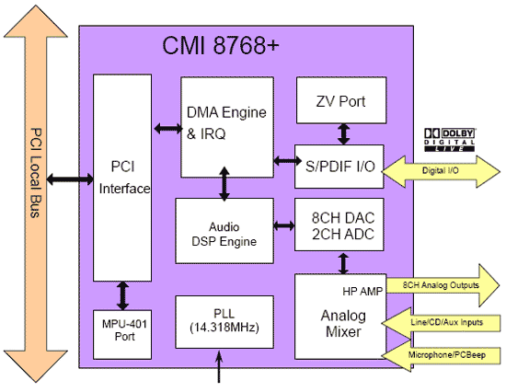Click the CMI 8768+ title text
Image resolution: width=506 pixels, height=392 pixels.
(x=221, y=45)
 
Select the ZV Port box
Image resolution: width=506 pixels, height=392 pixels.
(x=341, y=100)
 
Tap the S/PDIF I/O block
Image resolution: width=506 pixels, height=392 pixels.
(x=339, y=167)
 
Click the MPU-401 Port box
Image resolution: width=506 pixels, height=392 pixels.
(x=122, y=335)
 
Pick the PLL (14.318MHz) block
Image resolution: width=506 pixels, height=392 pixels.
(x=224, y=322)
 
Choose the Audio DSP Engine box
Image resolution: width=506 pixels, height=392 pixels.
(x=224, y=231)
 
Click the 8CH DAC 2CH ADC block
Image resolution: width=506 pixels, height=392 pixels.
(x=339, y=225)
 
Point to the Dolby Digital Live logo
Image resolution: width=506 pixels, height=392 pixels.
(x=450, y=140)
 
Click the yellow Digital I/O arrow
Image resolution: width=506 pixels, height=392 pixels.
(x=441, y=171)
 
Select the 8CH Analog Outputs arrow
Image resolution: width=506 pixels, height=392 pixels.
(x=443, y=285)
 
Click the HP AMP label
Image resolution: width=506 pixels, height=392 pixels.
(x=362, y=292)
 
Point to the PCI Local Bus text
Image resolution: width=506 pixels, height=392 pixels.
(x=36, y=173)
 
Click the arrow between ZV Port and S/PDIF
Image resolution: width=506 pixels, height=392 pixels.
(x=343, y=134)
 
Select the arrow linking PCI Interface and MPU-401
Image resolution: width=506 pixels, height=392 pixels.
(x=122, y=295)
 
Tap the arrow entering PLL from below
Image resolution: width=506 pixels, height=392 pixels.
(x=219, y=367)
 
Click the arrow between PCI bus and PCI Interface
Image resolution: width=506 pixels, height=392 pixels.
(x=70, y=179)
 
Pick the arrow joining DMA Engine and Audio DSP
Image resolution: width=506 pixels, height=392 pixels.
(x=224, y=183)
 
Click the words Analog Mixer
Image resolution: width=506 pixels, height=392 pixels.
(x=343, y=324)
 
